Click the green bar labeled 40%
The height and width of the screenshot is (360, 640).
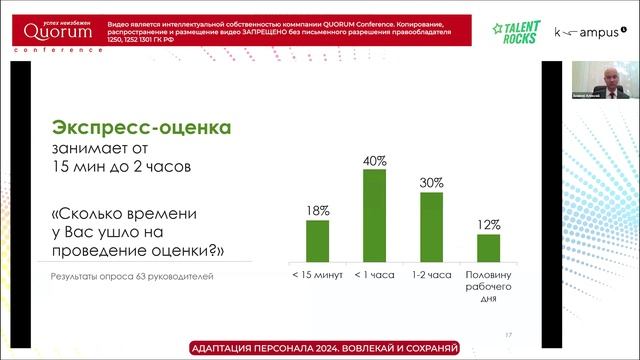374,215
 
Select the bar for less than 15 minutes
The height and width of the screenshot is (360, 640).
317,241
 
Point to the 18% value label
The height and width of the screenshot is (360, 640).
317,210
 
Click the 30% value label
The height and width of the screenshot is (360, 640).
431,182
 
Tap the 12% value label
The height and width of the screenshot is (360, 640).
488,224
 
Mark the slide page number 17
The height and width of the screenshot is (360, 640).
509,334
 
